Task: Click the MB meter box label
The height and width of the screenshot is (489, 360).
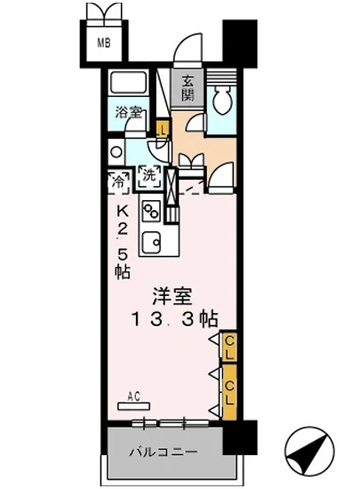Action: pos(104,43)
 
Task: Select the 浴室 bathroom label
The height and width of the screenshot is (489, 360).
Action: pos(129,112)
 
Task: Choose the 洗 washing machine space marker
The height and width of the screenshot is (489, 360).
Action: pos(149,175)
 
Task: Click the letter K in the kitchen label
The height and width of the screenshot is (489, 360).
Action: pos(123,211)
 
